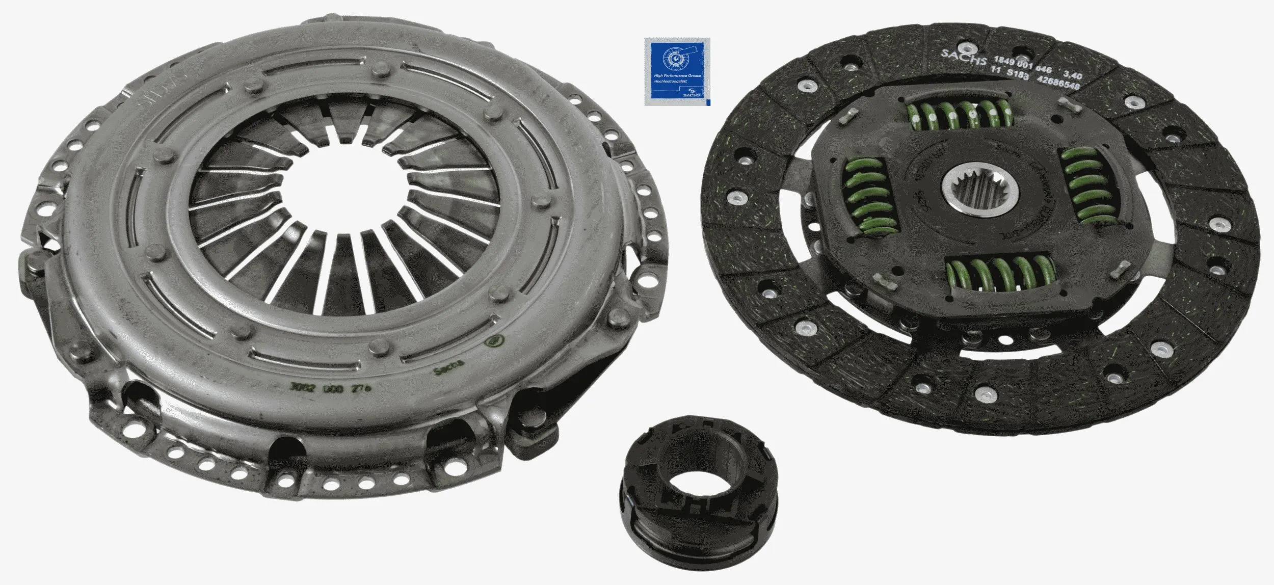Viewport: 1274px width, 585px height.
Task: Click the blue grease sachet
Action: (677, 71)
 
